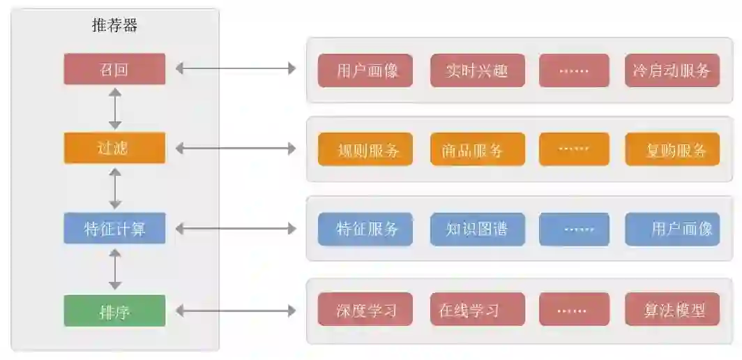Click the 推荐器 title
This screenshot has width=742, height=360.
(x=115, y=27)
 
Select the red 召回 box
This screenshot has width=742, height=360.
(x=114, y=69)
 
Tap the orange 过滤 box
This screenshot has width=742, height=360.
(x=114, y=148)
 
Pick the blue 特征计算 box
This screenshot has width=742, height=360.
(x=114, y=228)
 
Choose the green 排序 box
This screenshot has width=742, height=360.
(x=114, y=310)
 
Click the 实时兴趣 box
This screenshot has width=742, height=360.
(x=477, y=70)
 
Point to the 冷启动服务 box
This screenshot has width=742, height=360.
(x=672, y=70)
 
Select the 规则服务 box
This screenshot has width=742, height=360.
(x=365, y=149)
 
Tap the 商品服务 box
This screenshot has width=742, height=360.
(x=477, y=149)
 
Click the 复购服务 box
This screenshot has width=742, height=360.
(x=672, y=149)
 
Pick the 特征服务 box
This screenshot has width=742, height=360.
(x=365, y=230)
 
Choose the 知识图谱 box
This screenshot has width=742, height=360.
(x=477, y=230)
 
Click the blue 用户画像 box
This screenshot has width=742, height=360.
(x=672, y=230)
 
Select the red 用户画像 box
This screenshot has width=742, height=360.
(x=365, y=70)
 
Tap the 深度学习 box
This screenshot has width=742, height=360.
(x=365, y=309)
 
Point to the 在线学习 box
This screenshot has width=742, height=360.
(x=477, y=309)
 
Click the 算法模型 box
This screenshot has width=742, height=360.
(x=672, y=309)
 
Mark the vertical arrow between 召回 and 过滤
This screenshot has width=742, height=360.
(x=115, y=108)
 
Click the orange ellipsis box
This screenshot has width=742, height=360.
(x=574, y=149)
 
